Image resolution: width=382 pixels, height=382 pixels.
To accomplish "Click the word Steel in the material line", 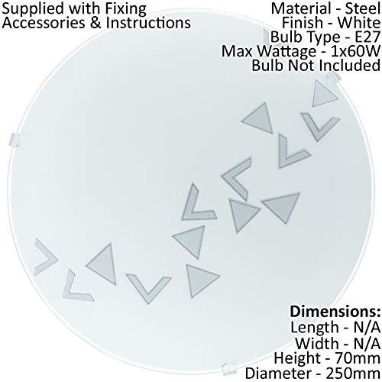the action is point(363,8).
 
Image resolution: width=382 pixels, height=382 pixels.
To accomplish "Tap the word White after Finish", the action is point(359,23).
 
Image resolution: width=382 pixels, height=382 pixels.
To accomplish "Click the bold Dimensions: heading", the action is point(335,312).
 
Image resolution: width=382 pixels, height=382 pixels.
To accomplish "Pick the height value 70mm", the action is point(358,358).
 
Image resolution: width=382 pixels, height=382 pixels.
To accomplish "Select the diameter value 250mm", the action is point(354,374).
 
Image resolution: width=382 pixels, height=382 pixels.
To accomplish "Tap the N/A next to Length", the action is point(367,328).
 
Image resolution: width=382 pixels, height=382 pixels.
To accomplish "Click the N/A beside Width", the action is point(367,343).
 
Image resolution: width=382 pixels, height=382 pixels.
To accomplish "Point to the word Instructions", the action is point(148,23).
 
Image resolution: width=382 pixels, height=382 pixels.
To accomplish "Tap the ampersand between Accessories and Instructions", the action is point(97,23).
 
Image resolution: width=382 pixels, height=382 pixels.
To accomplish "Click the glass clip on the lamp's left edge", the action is point(15,140).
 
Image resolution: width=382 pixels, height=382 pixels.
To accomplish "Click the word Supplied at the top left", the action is point(33,10).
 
